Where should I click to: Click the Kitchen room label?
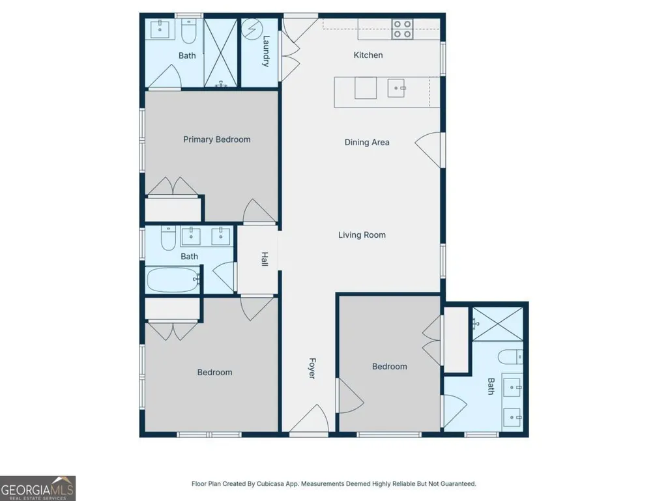pos(368,55)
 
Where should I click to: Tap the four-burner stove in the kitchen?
pos(403,29)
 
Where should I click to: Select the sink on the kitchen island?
pos(396,88)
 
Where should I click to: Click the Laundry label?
pos(266,51)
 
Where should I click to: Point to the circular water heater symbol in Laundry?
pos(252,29)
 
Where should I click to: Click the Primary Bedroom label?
pos(217,139)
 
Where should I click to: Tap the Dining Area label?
pos(367,142)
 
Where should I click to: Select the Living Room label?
pos(362,235)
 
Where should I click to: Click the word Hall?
pos(265,259)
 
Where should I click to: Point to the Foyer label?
pos(312,369)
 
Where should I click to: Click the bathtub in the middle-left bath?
pos(173,279)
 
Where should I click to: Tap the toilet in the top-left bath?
pos(188,31)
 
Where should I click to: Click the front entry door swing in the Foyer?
pos(310,419)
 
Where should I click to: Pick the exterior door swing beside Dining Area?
pos(428,150)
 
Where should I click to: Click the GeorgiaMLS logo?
pos(38,488)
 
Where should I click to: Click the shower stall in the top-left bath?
pos(221,53)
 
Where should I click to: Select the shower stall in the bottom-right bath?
pos(498,324)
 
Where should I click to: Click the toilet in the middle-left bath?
pos(168,238)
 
